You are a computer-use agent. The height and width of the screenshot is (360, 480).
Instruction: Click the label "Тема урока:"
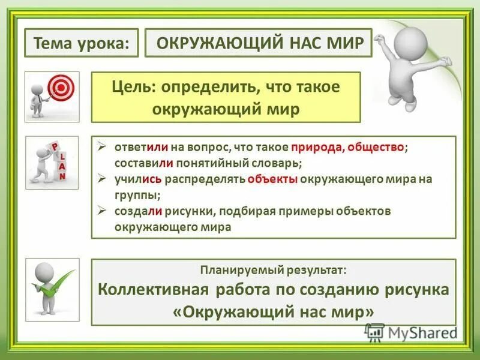(81, 44)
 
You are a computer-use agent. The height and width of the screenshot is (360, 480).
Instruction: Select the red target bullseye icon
(60, 89)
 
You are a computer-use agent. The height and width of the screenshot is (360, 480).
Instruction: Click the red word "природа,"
(316, 148)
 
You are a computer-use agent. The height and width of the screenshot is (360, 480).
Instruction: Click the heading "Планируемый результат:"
(273, 271)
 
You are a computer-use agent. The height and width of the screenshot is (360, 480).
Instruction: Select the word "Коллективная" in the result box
(153, 290)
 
